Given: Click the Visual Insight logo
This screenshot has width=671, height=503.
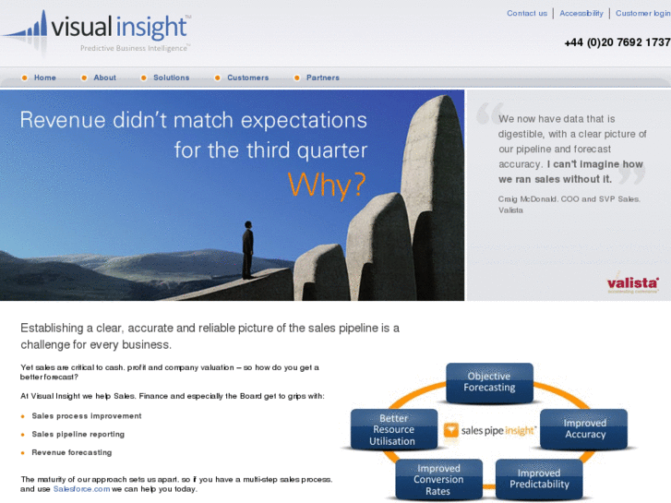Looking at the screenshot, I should click(97, 32).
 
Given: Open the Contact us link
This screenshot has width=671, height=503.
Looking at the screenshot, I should click(527, 14).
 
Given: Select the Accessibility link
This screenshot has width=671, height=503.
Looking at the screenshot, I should click(581, 14).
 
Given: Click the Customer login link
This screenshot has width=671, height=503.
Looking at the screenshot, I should click(642, 14).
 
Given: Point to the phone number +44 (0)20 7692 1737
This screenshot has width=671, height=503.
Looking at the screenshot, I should click(617, 42).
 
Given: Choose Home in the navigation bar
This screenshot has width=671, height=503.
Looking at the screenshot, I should click(45, 78).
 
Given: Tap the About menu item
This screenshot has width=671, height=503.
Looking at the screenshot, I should click(105, 78).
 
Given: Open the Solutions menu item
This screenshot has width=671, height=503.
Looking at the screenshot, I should click(171, 78).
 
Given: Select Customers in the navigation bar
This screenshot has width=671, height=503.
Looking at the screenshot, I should click(247, 78).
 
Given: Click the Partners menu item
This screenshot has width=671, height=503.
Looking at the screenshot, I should click(323, 78).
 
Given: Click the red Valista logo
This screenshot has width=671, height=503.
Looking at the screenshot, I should click(632, 284).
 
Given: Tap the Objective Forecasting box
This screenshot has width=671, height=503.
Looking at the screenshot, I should click(489, 382).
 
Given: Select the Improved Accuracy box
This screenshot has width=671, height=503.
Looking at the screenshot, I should click(584, 429).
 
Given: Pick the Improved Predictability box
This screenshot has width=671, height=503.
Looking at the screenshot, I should click(539, 478).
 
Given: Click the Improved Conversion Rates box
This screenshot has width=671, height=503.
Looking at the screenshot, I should click(438, 480).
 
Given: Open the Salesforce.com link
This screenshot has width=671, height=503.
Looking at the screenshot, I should click(81, 489).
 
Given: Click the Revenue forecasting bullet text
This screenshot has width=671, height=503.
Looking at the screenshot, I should click(72, 452).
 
